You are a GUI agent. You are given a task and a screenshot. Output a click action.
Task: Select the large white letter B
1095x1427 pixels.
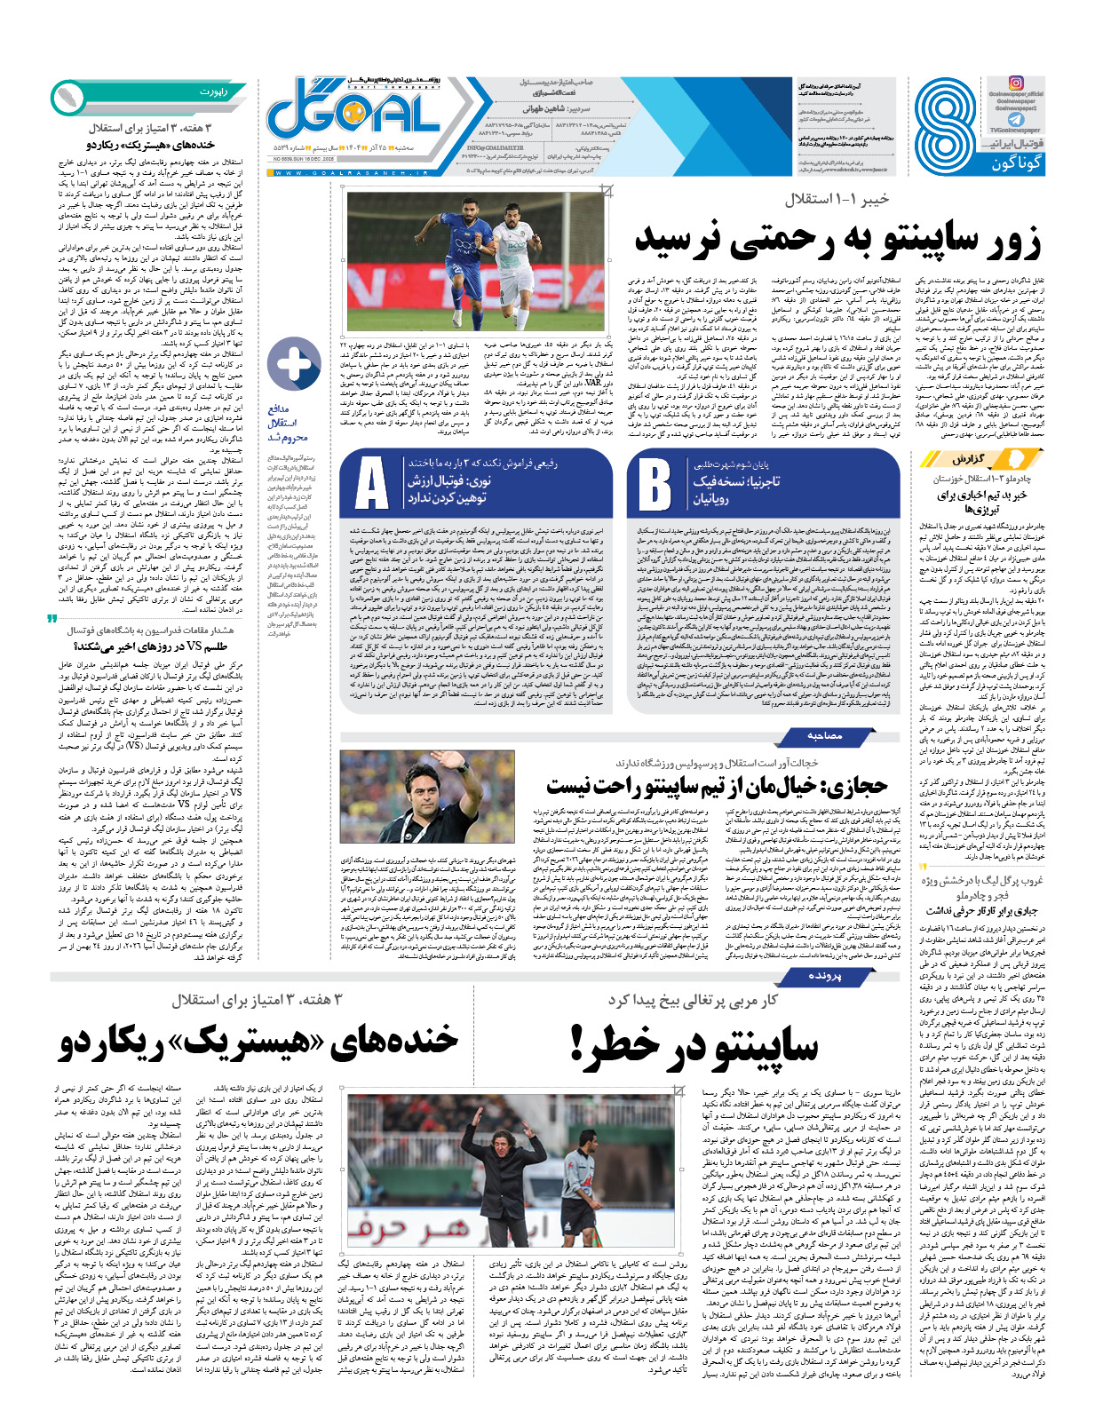pos(655,485)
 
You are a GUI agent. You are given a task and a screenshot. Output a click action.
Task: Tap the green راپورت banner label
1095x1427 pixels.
pos(213,91)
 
